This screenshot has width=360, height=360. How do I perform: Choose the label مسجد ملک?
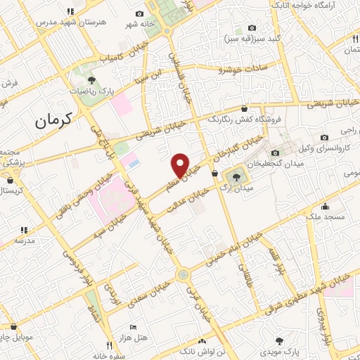[x=325, y=217]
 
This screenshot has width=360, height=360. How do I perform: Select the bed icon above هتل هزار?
[x=134, y=328]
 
